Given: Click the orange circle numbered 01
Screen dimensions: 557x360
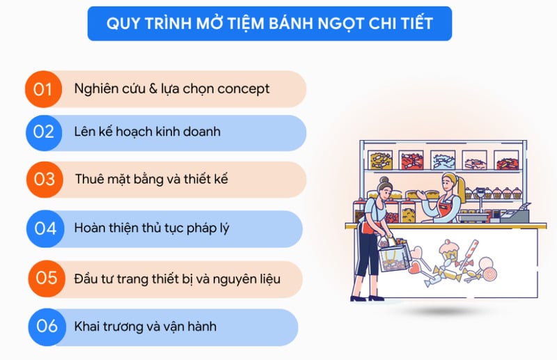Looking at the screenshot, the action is click(43, 89).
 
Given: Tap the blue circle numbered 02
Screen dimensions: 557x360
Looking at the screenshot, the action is click(44, 132).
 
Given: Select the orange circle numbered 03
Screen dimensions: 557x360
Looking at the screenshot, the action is click(45, 179).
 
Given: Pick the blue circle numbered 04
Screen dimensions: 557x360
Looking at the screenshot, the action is click(45, 228).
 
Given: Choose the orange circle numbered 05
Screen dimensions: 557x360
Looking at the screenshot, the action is click(47, 279).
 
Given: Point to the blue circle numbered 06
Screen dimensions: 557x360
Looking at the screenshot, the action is click(47, 327).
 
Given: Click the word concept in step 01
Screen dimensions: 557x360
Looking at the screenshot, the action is click(243, 89).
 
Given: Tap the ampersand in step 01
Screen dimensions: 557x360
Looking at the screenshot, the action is click(153, 88).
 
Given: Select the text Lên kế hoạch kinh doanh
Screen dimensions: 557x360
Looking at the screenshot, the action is click(148, 132).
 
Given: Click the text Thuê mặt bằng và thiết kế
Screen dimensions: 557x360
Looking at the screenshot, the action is click(151, 179).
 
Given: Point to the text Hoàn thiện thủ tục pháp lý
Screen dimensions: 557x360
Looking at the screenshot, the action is click(152, 228).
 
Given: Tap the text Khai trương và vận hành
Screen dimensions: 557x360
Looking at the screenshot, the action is click(146, 327).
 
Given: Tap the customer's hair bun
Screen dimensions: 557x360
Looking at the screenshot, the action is click(384, 180).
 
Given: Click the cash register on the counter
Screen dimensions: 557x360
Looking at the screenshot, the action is click(515, 212).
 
